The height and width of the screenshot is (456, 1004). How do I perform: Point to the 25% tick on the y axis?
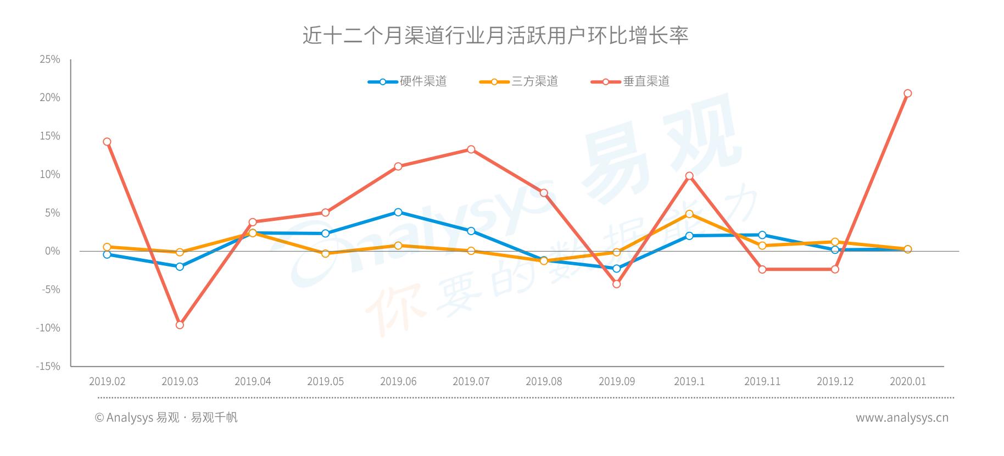[x=50, y=59]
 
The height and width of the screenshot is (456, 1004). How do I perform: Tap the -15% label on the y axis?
[x=48, y=366]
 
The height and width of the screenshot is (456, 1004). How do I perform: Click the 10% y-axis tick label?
[x=50, y=175]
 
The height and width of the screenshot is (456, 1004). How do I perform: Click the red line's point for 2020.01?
[x=907, y=93]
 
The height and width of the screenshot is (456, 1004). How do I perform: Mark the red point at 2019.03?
[x=180, y=325]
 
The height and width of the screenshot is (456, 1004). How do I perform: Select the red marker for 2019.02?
[x=107, y=142]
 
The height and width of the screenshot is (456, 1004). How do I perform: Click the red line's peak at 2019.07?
[x=471, y=149]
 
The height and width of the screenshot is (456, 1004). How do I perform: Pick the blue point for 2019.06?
[x=398, y=212]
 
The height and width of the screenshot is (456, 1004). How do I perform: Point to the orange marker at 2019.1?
[x=689, y=214]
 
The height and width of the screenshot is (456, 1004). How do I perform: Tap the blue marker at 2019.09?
[x=616, y=269]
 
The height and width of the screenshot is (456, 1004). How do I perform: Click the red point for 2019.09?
[x=616, y=284]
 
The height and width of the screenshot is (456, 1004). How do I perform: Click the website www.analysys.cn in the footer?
[x=902, y=418]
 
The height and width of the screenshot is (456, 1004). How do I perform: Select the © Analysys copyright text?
[x=166, y=418]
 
